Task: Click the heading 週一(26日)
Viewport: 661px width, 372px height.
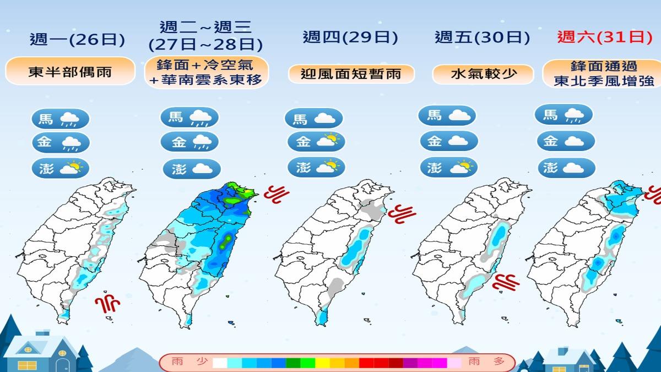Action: (78, 40)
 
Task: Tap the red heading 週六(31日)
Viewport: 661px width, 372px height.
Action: (600, 37)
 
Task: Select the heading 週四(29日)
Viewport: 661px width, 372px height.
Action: (350, 37)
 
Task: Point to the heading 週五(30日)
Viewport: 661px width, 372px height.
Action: (483, 37)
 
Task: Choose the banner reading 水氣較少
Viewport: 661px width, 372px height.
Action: (483, 74)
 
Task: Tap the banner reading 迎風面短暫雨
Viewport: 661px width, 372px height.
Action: (351, 74)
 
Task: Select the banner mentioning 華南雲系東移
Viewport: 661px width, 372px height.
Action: (207, 72)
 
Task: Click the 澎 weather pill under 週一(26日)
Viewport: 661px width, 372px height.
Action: (61, 168)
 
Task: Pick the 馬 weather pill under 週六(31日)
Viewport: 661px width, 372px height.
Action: (564, 115)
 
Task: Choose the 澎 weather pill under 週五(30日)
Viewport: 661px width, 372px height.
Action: (448, 166)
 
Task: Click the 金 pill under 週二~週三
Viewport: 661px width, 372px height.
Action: (189, 142)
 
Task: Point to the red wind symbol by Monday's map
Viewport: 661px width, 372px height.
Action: (107, 303)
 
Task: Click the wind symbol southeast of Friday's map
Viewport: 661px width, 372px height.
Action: (506, 283)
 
